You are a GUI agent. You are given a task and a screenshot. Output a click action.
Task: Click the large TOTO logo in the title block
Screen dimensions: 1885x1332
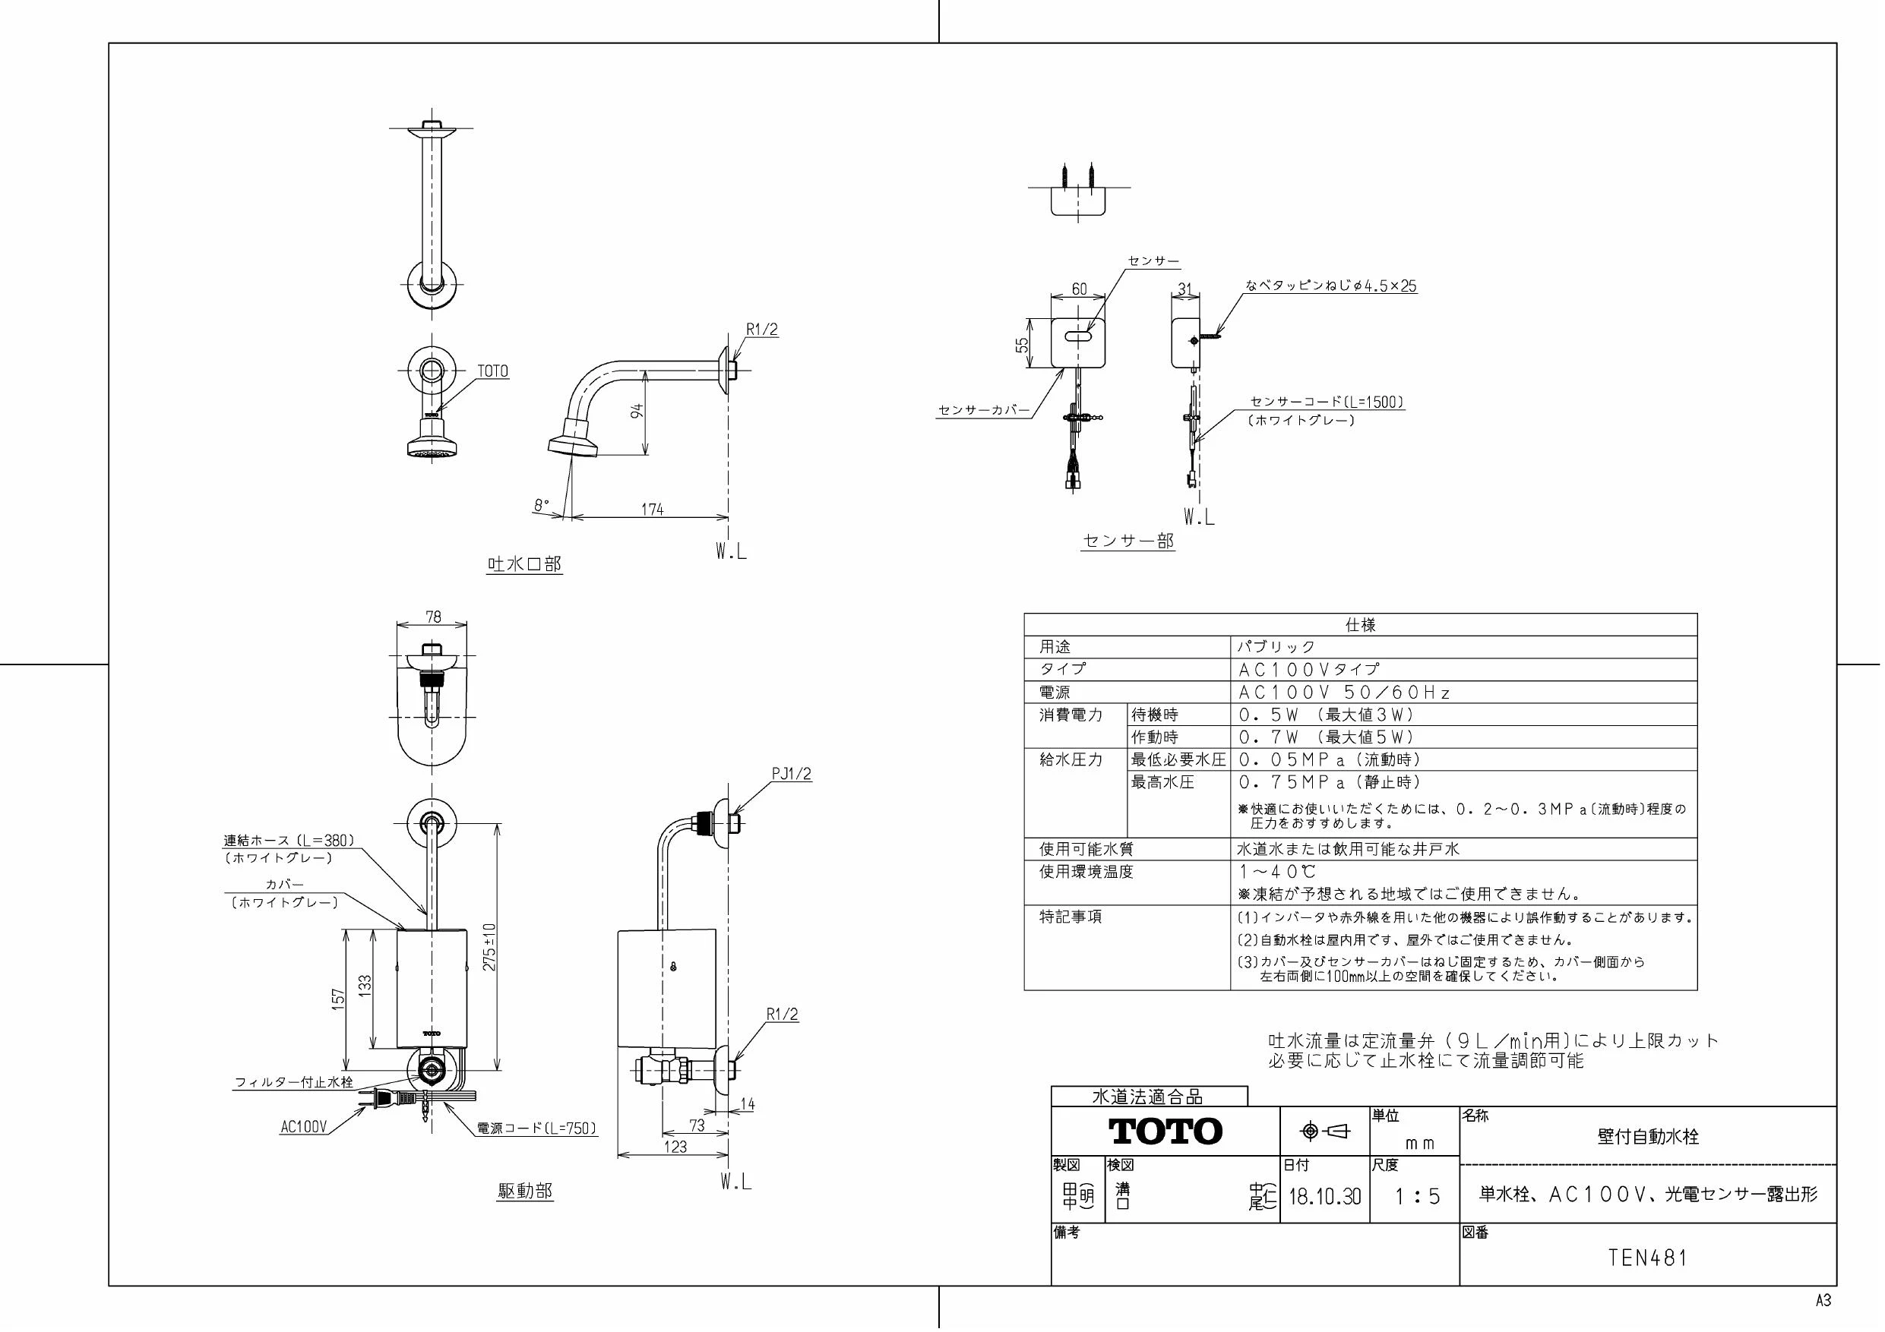pos(1165,1132)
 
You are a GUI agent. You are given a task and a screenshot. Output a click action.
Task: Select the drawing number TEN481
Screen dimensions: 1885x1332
pos(1648,1258)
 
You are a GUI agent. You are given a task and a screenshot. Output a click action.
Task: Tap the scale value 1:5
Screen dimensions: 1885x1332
pos(1418,1197)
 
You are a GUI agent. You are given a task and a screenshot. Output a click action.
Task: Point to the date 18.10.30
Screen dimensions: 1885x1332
pos(1324,1197)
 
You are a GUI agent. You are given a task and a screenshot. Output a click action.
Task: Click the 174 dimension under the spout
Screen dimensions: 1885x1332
pos(652,509)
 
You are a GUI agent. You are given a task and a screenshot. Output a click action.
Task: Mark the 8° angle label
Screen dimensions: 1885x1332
pos(541,506)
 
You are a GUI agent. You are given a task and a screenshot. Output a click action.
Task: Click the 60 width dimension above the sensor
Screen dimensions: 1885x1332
pos(1079,289)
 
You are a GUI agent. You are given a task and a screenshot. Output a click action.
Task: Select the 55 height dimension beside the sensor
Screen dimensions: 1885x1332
pos(1022,346)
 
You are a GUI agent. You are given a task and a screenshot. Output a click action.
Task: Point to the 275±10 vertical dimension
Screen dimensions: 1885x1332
pos(489,947)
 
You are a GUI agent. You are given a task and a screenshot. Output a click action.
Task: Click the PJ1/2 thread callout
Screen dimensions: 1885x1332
pos(792,774)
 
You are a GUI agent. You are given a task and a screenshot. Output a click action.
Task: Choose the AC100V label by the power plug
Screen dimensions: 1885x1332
pos(304,1128)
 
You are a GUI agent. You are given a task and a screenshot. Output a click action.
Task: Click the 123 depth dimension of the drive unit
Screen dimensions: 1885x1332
pos(675,1147)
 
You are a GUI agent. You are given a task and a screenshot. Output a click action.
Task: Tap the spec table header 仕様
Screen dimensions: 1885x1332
pos(1361,624)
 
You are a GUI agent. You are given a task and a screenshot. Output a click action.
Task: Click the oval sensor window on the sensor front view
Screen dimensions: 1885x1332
pos(1078,336)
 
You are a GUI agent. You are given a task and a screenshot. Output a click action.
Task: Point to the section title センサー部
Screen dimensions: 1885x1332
pos(1129,541)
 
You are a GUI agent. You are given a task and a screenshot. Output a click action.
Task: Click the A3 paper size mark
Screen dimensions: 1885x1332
pos(1823,1301)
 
